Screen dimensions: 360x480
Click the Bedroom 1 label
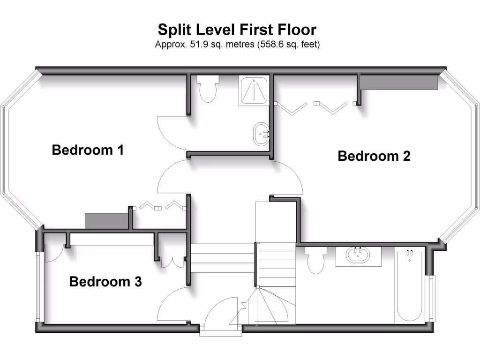click(88, 150)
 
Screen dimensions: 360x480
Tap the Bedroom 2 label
click(374, 156)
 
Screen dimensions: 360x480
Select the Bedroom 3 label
click(105, 282)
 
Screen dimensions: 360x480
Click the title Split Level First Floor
click(237, 30)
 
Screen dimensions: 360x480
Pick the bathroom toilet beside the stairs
click(316, 260)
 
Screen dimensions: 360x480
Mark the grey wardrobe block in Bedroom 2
click(398, 82)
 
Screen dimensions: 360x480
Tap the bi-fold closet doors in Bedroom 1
click(159, 205)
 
